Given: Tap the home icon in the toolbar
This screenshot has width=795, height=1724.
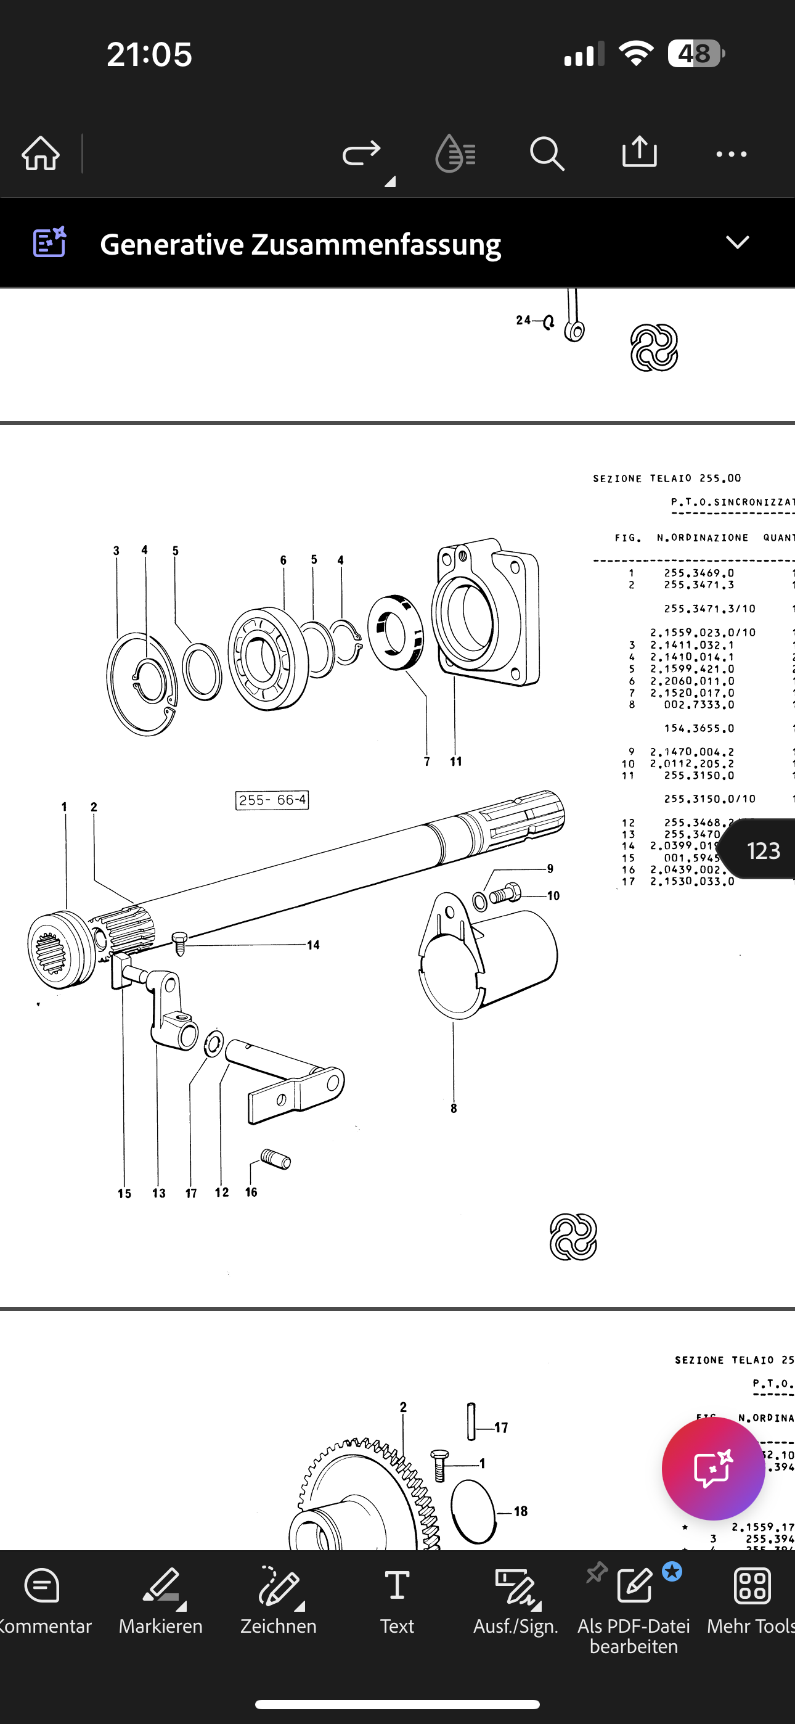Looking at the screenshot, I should (x=41, y=154).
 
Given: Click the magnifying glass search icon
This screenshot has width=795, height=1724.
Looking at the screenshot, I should (x=547, y=154).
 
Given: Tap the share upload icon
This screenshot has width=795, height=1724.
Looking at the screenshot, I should (x=639, y=152).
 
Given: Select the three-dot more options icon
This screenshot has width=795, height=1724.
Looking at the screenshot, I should (x=731, y=155).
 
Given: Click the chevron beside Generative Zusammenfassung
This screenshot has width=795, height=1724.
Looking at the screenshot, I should (x=738, y=242).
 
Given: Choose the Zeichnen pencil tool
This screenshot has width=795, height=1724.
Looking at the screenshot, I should (x=279, y=1599).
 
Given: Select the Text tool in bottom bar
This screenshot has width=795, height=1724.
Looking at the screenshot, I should (x=397, y=1599).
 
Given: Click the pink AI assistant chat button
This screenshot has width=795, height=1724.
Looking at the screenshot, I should (x=712, y=1468).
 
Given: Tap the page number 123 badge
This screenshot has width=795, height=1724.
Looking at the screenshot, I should (x=763, y=850).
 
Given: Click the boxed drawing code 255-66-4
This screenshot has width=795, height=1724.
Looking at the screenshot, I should (x=272, y=800).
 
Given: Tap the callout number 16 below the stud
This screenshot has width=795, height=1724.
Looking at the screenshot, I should (x=251, y=1192).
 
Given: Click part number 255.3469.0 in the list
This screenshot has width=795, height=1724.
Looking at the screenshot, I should (x=699, y=573).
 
